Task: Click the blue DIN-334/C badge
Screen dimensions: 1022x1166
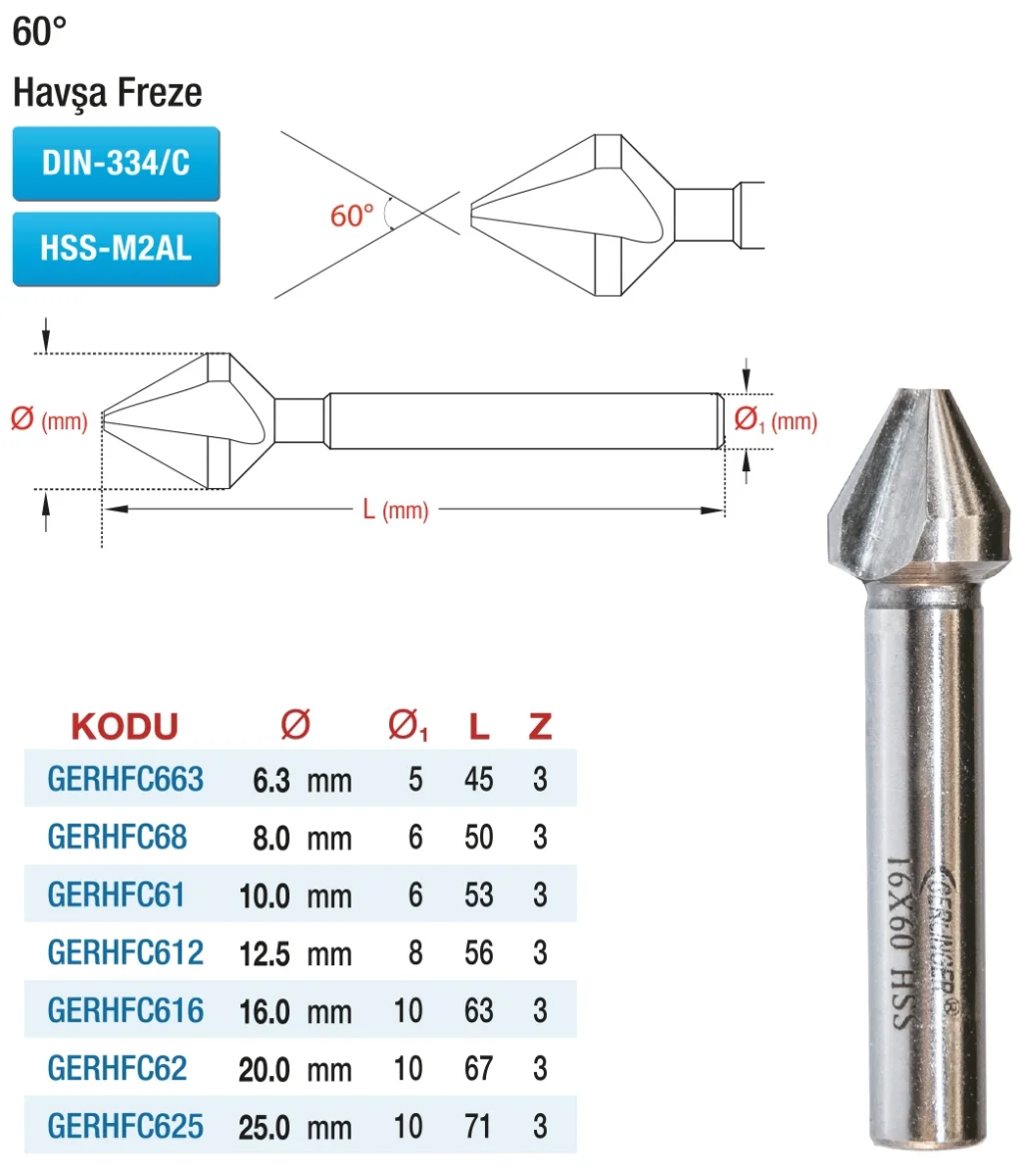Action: (116, 164)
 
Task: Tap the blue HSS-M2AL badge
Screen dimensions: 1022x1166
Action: (116, 250)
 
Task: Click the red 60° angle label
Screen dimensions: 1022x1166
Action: (351, 216)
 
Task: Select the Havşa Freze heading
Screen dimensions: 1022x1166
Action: (107, 93)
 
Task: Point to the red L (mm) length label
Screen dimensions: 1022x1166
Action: (395, 510)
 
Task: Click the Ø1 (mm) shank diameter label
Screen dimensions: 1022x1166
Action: (775, 420)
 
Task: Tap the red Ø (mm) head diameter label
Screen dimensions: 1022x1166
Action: (49, 419)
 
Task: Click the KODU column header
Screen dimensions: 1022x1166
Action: (124, 726)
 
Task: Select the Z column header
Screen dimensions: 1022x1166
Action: (540, 726)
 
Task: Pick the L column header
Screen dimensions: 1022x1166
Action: (479, 726)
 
